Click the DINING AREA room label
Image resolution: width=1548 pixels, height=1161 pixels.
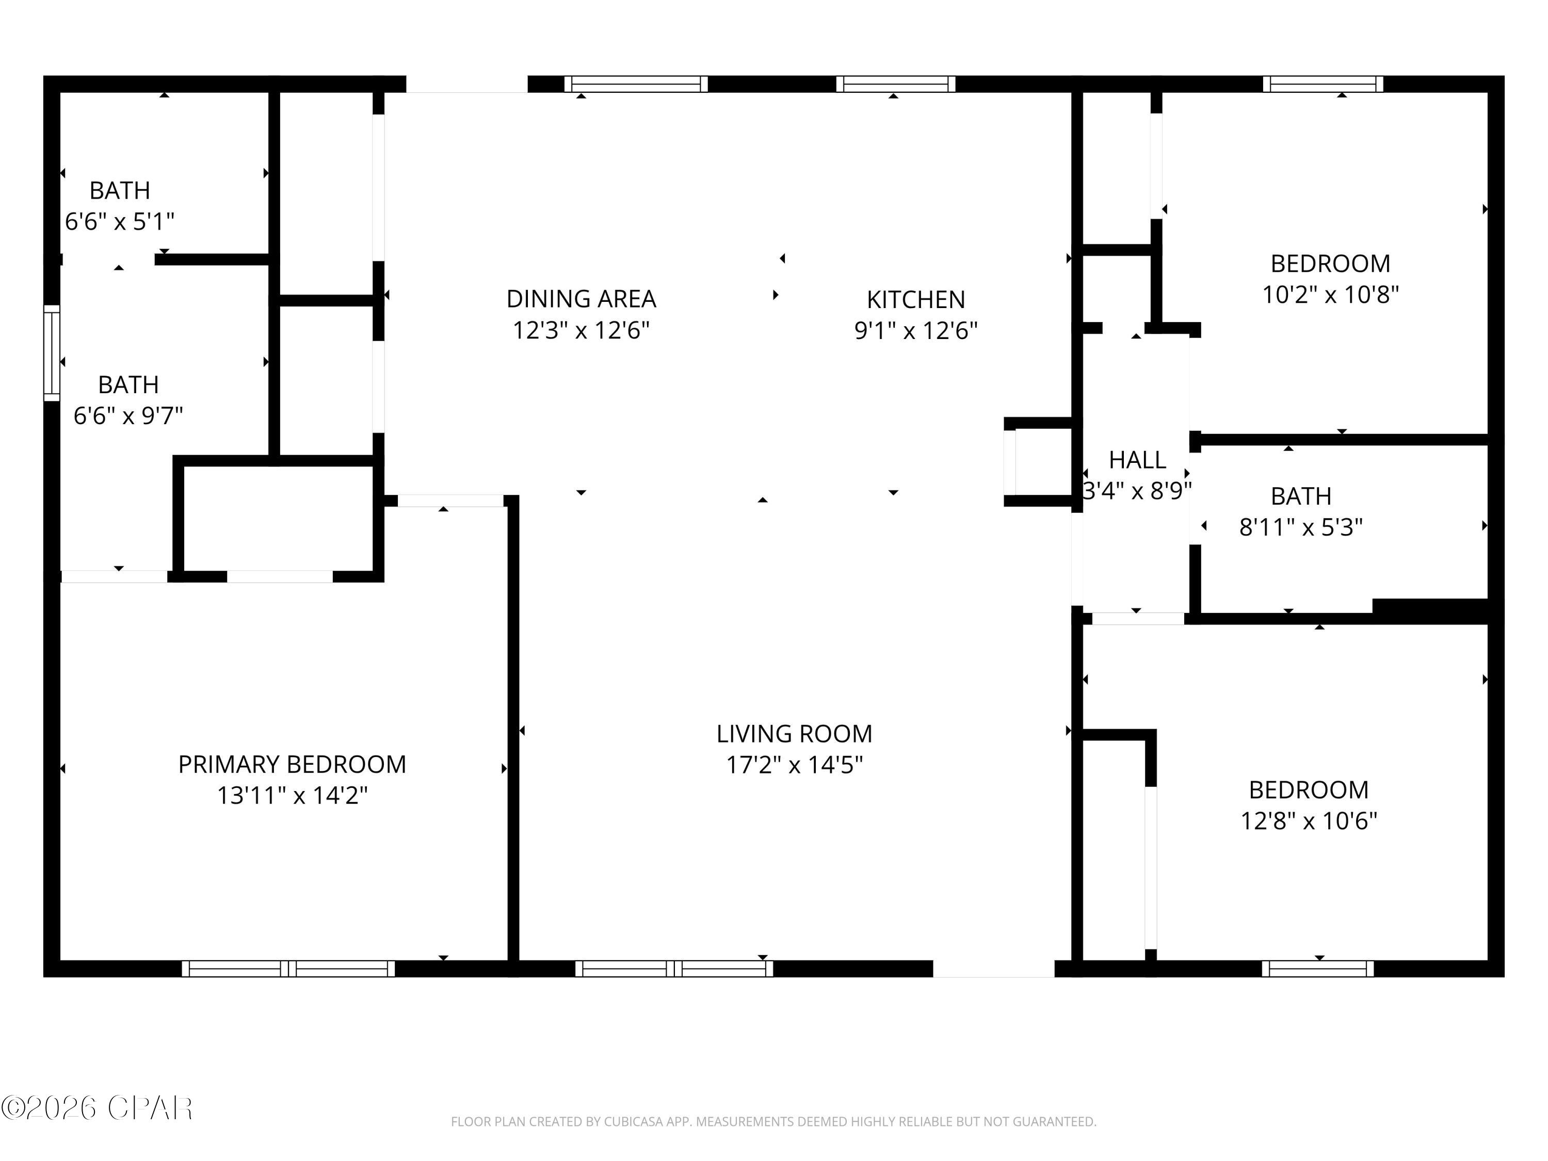click(581, 299)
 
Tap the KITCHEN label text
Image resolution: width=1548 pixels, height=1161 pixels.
click(915, 299)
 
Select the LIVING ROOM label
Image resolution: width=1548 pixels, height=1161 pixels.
click(794, 733)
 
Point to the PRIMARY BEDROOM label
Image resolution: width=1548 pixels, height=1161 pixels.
click(292, 764)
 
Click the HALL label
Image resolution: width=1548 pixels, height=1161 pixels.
click(1137, 460)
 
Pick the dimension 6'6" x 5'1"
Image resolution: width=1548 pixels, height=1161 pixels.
click(120, 222)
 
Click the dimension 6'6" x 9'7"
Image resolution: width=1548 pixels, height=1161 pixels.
click(128, 416)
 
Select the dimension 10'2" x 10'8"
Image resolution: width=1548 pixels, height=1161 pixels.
click(1330, 295)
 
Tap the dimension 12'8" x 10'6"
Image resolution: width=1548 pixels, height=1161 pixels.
click(1309, 820)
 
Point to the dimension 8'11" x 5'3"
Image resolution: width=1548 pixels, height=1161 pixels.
click(1300, 527)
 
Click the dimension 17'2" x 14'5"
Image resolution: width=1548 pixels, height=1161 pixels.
click(794, 765)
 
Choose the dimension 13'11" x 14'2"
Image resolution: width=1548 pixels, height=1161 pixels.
click(292, 796)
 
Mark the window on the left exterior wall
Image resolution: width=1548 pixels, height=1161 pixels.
click(52, 353)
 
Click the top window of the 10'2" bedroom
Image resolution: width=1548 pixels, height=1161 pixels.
click(1323, 84)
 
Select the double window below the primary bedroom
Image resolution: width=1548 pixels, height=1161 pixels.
click(288, 969)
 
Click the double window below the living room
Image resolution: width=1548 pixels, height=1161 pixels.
click(674, 969)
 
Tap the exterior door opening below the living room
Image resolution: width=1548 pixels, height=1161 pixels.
click(993, 969)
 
